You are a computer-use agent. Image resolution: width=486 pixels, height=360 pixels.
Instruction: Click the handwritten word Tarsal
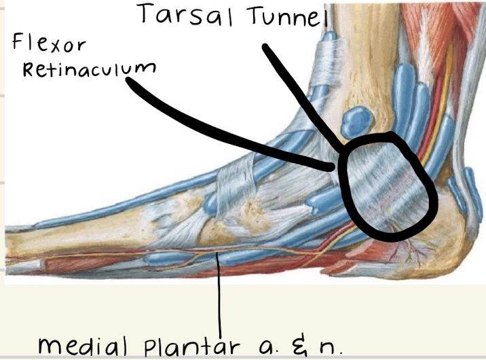[178, 14]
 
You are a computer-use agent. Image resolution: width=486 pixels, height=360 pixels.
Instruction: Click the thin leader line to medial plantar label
[219, 292]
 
